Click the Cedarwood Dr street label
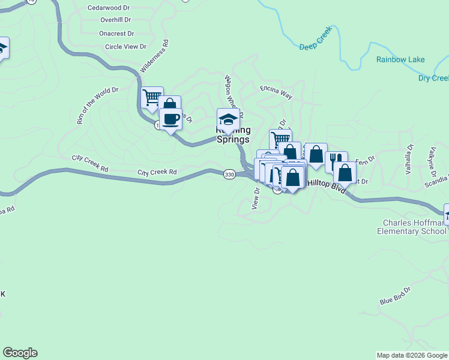coord(109,8)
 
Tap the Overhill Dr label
coord(116,20)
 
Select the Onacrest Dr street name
coord(116,34)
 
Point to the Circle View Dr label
coord(125,47)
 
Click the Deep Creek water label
coord(315,46)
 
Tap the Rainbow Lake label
coord(400,59)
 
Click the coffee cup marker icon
coord(170,118)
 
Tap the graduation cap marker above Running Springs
coord(228,118)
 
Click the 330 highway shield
coord(229,174)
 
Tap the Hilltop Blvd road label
coord(327,186)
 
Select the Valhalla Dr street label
coord(409,158)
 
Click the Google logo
coord(20,353)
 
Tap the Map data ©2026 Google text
coord(411,355)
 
